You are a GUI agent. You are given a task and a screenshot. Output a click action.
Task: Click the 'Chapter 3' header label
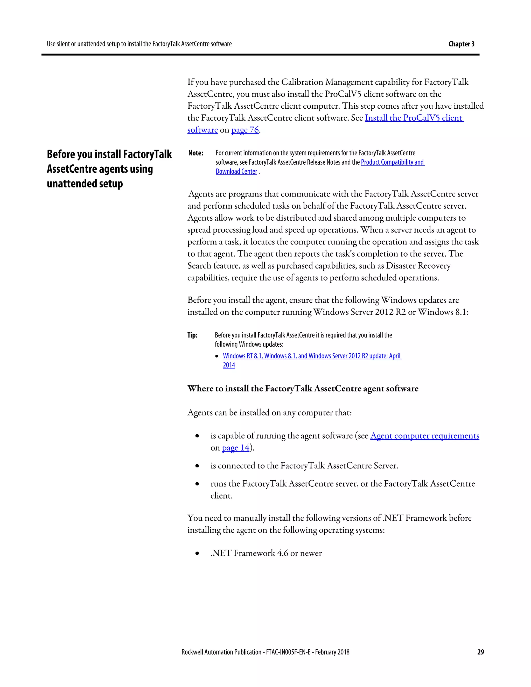coord(461,44)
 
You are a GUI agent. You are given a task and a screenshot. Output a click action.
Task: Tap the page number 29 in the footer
coord(480,652)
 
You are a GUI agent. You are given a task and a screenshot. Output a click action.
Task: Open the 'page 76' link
coord(245,130)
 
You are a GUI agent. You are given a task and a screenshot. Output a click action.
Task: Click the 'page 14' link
coord(235,448)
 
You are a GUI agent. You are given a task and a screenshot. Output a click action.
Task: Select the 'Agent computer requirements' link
coord(424,436)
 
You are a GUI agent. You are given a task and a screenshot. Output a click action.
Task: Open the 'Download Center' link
coord(236,171)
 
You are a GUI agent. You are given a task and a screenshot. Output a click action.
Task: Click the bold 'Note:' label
coord(196,153)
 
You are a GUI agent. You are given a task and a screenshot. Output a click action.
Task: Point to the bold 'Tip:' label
coord(193,335)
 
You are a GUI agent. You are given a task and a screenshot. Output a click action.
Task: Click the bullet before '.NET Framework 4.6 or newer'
coord(197,554)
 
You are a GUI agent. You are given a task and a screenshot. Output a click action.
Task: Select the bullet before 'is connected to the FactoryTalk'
coord(197,466)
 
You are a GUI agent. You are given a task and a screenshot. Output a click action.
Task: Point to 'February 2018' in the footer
coord(332,652)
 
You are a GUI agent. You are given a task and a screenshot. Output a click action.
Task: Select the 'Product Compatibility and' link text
coord(392,162)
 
